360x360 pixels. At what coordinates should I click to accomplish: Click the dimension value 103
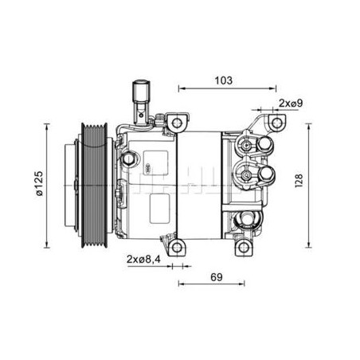pos(224,80)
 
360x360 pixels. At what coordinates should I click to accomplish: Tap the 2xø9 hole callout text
pos(291,103)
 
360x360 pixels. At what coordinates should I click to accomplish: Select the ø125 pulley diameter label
pos(39,183)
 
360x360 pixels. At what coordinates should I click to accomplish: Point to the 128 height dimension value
pos(299,181)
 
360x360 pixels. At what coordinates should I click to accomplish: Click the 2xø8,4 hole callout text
pos(143,259)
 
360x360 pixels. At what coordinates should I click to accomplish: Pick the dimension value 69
pos(217,277)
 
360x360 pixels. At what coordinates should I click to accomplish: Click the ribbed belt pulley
pos(95,186)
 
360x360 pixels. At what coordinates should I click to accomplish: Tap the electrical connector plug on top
pos(142,101)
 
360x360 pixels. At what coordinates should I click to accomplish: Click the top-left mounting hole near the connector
pos(177,123)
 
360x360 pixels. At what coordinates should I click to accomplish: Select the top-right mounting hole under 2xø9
pos(277,123)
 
